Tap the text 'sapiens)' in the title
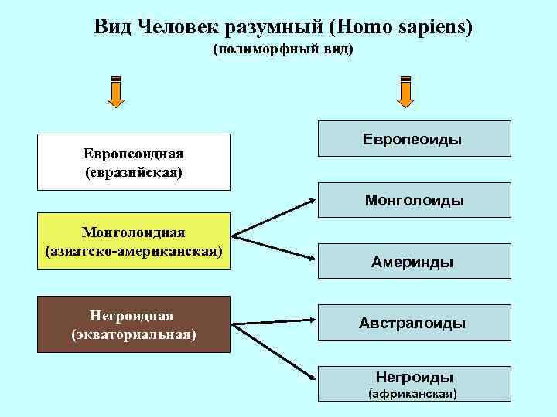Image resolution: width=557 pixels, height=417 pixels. tap(435, 27)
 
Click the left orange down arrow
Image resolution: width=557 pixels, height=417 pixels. tap(115, 92)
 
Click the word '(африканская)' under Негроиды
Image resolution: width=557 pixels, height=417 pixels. tap(413, 394)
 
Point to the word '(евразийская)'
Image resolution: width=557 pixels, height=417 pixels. tap(134, 172)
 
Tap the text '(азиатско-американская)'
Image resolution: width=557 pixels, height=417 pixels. tap(134, 251)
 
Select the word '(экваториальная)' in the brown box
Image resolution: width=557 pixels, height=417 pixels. tap(134, 334)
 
